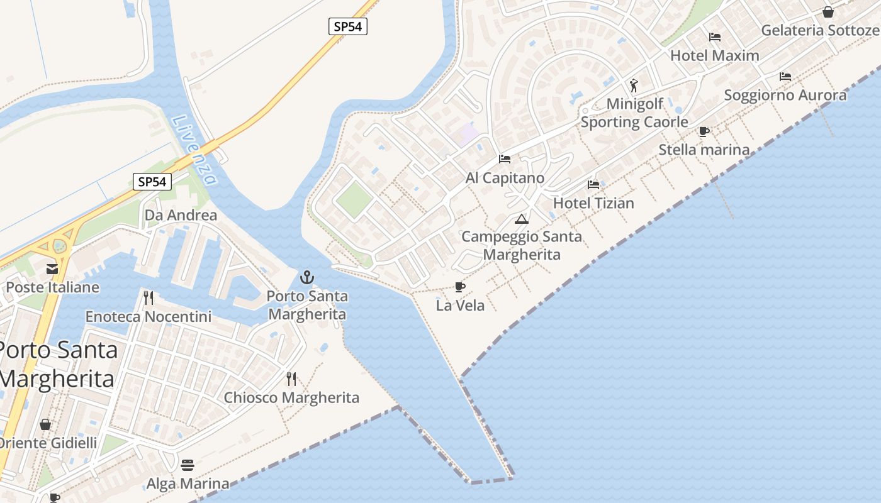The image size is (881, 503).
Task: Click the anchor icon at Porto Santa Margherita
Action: [307, 277]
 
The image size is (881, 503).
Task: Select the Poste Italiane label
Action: [53, 287]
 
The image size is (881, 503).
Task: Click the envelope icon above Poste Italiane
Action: [52, 269]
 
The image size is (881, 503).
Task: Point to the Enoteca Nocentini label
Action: [149, 316]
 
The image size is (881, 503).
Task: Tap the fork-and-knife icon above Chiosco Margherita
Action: [291, 379]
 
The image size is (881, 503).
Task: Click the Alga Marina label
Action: [188, 484]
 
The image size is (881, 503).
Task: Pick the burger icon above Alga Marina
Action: [188, 465]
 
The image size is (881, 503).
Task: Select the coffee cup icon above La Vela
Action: [460, 287]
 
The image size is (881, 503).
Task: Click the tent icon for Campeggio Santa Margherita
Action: [521, 219]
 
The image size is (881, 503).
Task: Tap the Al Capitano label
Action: [505, 178]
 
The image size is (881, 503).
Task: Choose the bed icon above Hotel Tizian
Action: [593, 185]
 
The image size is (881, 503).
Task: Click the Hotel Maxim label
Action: [715, 55]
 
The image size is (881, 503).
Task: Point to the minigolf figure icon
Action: [634, 85]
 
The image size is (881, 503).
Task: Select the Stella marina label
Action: [704, 150]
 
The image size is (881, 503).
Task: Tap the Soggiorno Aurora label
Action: [785, 95]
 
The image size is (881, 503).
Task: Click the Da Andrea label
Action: [181, 215]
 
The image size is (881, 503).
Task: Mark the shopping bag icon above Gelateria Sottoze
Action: [828, 12]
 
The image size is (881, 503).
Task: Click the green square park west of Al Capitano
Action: [354, 200]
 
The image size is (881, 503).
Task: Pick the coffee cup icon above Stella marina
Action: [704, 131]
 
